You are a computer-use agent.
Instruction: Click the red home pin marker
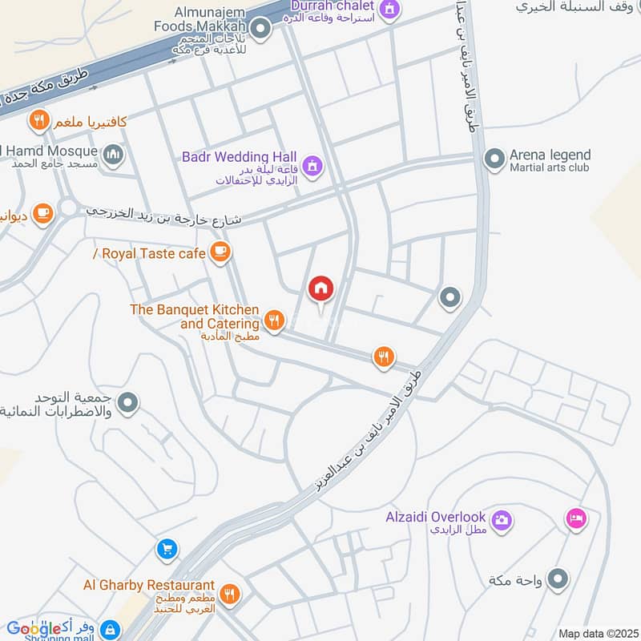(x=320, y=289)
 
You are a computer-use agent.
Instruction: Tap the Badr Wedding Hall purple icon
(x=313, y=165)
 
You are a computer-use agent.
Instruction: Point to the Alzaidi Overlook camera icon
(x=502, y=521)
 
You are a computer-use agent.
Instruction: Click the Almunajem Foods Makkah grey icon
(x=260, y=30)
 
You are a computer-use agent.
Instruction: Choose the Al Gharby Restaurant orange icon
(x=230, y=594)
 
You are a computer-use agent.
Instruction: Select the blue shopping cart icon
(x=167, y=550)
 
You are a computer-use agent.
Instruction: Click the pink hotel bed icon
(x=575, y=518)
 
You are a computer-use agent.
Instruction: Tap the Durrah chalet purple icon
(x=390, y=10)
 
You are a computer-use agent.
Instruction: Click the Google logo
(x=35, y=628)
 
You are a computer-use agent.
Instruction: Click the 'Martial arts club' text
(x=549, y=167)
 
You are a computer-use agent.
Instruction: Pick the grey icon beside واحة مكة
(x=558, y=579)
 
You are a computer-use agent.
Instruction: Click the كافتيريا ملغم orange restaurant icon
(x=38, y=122)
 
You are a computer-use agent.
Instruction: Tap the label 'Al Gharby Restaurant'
(x=149, y=586)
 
